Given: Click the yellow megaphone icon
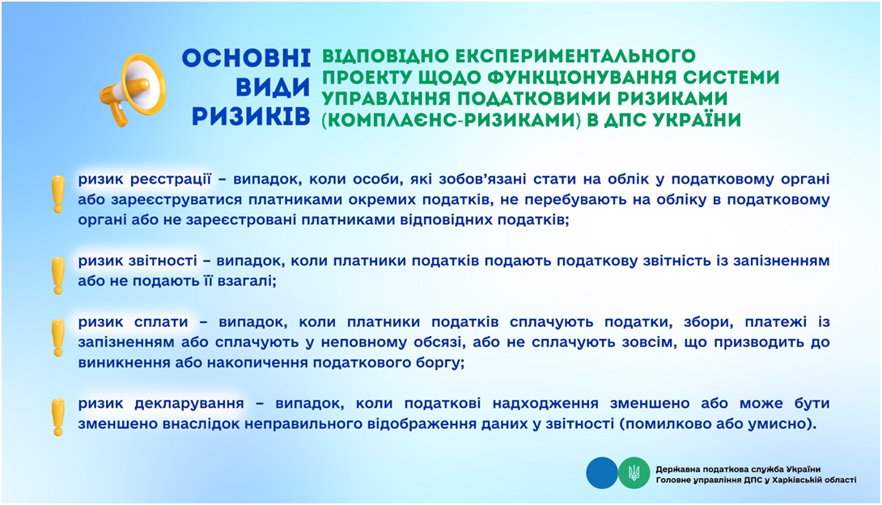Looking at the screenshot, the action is (x=133, y=89).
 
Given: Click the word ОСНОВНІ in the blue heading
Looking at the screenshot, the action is (x=246, y=58).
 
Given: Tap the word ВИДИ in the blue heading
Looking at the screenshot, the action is (x=273, y=87).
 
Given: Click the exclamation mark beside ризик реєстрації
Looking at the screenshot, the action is (x=58, y=194).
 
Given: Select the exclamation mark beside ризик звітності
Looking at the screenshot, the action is (x=58, y=276).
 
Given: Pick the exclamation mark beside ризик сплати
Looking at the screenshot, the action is (x=58, y=338).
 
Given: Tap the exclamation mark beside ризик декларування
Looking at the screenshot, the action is (x=58, y=418).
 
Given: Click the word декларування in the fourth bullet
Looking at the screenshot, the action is (x=189, y=403).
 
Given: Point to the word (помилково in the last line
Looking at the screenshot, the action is (x=658, y=424).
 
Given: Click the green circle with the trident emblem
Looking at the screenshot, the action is (x=634, y=473).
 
